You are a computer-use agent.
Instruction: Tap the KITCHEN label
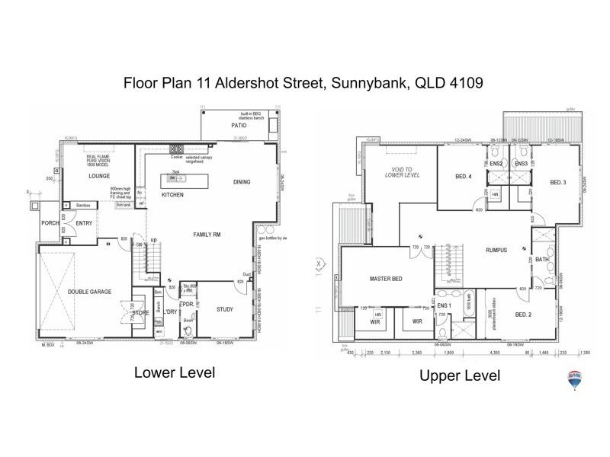coord(172,195)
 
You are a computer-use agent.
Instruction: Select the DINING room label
coord(243,181)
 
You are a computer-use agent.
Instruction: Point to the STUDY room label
coord(224,309)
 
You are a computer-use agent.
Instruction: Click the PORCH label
coord(50,223)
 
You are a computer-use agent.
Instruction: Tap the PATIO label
coord(241,124)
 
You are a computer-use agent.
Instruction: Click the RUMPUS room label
coord(496,250)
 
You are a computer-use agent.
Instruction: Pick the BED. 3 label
coord(557,182)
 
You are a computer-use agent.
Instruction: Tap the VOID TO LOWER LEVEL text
coord(400,172)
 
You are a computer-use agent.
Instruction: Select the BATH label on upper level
coord(542,260)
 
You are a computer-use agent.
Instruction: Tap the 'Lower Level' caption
coord(175,372)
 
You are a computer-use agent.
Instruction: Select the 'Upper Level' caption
coord(460,376)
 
